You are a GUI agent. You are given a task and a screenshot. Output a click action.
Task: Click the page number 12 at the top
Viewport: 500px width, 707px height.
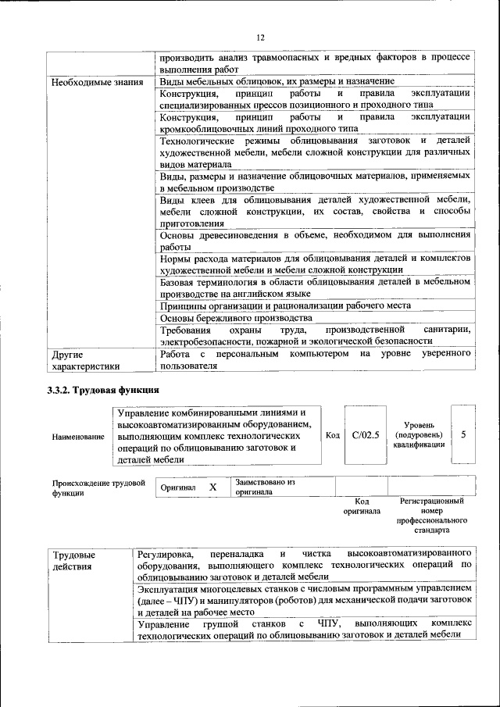(x=260, y=37)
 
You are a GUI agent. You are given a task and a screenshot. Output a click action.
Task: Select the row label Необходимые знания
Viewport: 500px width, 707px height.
(x=97, y=82)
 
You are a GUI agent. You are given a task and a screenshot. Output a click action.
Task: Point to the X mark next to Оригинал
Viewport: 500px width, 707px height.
(x=212, y=487)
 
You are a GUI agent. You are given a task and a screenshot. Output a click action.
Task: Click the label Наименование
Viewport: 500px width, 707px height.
(x=78, y=437)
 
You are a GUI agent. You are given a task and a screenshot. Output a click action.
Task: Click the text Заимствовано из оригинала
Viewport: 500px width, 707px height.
(x=265, y=487)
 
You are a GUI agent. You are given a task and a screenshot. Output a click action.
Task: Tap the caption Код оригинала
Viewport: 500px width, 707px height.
(x=362, y=506)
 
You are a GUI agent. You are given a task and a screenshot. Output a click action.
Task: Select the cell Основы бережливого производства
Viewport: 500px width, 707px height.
(x=237, y=319)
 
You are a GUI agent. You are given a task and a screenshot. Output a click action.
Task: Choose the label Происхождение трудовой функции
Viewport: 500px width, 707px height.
(x=98, y=487)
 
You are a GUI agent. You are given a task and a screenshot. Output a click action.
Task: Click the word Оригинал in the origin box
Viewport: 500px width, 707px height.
(x=177, y=487)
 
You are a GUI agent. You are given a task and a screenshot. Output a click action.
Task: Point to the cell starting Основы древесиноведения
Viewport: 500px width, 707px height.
(x=315, y=240)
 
